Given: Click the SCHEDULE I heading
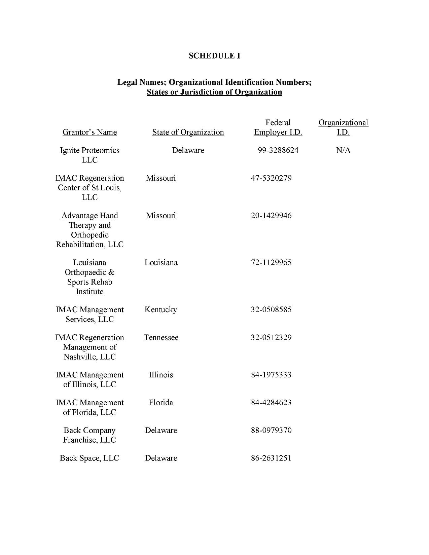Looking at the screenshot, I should point(214,56).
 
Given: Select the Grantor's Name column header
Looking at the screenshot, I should point(90,132).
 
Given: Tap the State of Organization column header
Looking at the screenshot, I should point(188,132).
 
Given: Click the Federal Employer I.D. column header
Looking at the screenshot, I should point(278,127).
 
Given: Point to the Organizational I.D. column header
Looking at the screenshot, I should point(343,127).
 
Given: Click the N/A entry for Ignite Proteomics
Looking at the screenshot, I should point(343,150).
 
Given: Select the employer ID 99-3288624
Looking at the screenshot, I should point(278,150).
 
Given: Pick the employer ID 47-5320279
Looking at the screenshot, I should point(271,178).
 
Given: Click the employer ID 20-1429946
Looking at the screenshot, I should point(271,216).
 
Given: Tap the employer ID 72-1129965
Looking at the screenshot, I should point(271,263).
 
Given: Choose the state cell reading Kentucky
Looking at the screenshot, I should point(161,310).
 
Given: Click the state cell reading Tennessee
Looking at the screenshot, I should point(161,338).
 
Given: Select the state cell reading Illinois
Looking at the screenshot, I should point(161,375).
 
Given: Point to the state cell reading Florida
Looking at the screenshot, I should point(161,403).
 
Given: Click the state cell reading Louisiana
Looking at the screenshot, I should point(161,263).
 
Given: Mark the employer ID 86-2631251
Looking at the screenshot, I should point(271,458).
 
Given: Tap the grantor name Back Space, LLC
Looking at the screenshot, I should point(90,458).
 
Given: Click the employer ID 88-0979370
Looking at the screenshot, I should point(271,431).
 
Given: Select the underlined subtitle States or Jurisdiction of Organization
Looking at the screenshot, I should point(214,92).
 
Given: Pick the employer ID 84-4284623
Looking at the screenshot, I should point(271,403).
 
